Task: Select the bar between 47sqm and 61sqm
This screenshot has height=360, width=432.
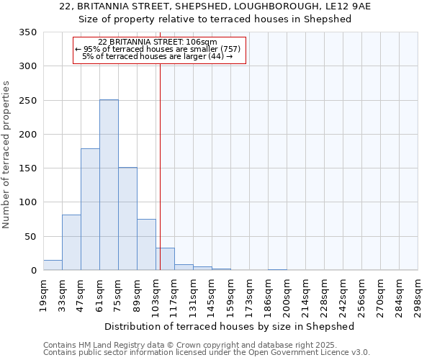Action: pos(90,210)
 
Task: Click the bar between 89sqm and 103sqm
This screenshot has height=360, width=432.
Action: pos(146,245)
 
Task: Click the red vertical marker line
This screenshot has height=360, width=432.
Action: pos(160,166)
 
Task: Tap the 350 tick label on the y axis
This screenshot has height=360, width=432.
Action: pos(27,32)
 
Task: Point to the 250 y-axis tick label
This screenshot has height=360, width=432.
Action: pos(27,101)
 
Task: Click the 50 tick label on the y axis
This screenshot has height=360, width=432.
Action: pos(30,237)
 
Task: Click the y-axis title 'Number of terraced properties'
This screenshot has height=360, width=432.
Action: pos(7,155)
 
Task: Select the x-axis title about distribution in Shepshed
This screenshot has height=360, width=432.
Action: pos(230,326)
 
